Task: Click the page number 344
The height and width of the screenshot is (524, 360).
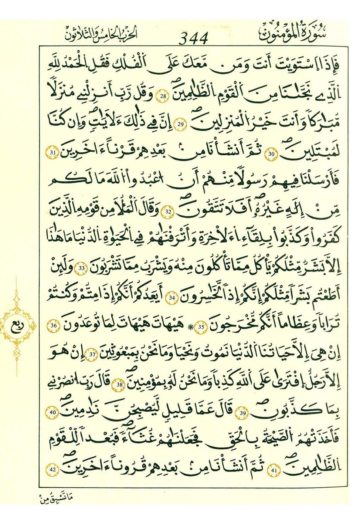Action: click(x=194, y=38)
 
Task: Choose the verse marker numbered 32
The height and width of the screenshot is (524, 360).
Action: click(x=169, y=212)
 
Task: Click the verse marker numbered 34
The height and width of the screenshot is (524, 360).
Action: click(x=171, y=297)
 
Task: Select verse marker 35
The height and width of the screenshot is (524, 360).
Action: click(x=201, y=327)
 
